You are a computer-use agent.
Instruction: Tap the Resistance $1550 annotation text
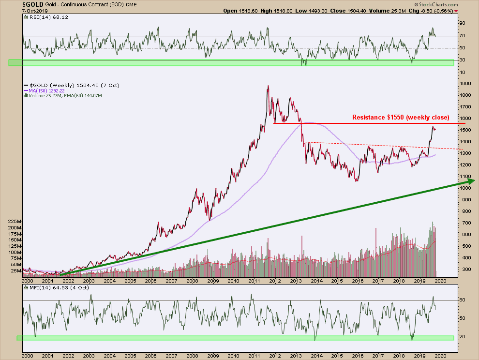pos(400,118)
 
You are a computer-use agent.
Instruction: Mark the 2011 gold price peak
pos(268,87)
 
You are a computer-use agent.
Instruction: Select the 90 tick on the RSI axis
pos(462,23)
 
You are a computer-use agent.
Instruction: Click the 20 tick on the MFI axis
pos(462,337)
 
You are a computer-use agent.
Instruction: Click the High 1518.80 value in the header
pos(275,11)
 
